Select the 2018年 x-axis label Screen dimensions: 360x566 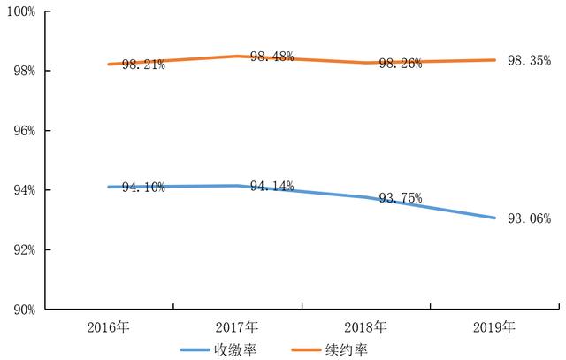tap(366, 327)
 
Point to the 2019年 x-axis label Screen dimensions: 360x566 tap(494, 327)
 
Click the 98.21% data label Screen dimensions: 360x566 tap(143, 65)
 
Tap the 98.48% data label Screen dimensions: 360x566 tap(272, 57)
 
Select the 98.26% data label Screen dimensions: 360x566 tap(401, 64)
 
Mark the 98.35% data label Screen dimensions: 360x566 tap(529, 60)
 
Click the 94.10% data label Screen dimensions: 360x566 tap(143, 188)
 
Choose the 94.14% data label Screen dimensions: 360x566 tap(272, 186)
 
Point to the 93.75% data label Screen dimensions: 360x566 tap(401, 198)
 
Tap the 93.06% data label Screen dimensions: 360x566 tap(529, 218)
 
